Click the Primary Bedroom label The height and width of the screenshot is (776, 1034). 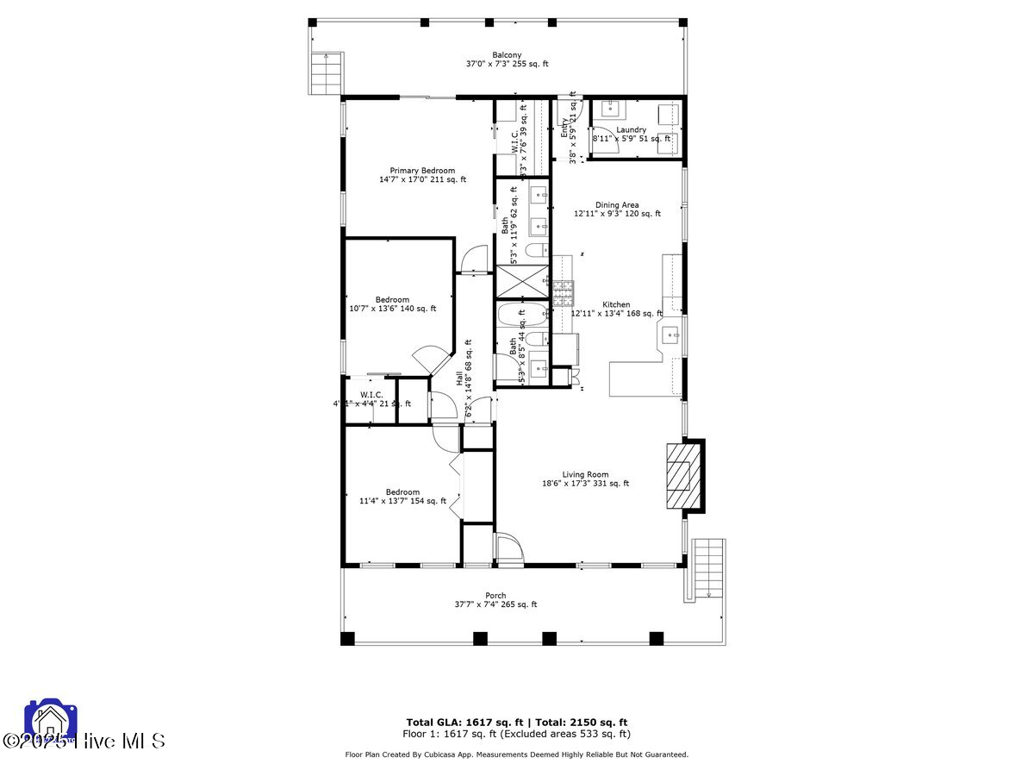[x=422, y=171]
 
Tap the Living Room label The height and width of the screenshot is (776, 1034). [x=585, y=474]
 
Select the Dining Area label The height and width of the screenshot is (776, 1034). [x=617, y=205]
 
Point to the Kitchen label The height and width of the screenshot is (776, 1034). [x=616, y=304]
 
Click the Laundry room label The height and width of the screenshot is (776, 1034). [x=631, y=130]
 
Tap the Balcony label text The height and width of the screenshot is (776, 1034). [x=507, y=54]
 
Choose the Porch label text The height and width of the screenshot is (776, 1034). [x=495, y=596]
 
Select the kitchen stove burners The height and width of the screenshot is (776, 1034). [x=563, y=294]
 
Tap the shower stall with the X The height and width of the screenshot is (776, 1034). [x=522, y=281]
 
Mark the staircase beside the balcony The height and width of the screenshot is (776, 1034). [x=325, y=73]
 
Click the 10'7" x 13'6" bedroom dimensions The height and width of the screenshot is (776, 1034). [x=392, y=309]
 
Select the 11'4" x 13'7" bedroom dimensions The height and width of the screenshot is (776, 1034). [x=402, y=501]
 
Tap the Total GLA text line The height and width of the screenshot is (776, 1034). [x=517, y=722]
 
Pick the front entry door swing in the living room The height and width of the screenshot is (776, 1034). [x=509, y=549]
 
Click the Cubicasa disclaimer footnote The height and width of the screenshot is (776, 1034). [x=517, y=754]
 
